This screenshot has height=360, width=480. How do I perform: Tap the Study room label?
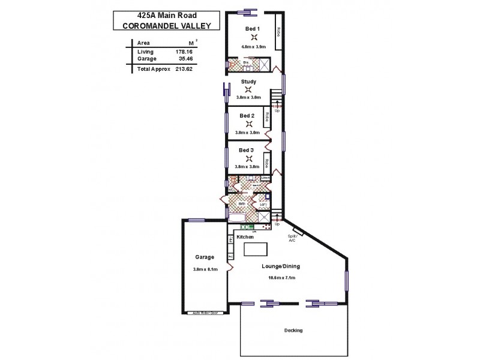click(x=248, y=82)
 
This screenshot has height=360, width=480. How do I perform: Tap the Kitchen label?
click(x=245, y=238)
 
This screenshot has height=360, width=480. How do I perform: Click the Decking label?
click(x=293, y=331)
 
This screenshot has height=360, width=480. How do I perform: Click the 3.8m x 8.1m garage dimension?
click(x=205, y=269)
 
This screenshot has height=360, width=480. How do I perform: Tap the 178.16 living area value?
click(x=184, y=52)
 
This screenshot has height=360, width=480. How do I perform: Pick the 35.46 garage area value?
click(x=184, y=59)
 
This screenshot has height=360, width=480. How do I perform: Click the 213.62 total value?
click(x=184, y=69)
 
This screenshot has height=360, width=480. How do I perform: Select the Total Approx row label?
click(x=149, y=69)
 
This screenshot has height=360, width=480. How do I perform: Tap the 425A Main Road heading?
click(x=157, y=14)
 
